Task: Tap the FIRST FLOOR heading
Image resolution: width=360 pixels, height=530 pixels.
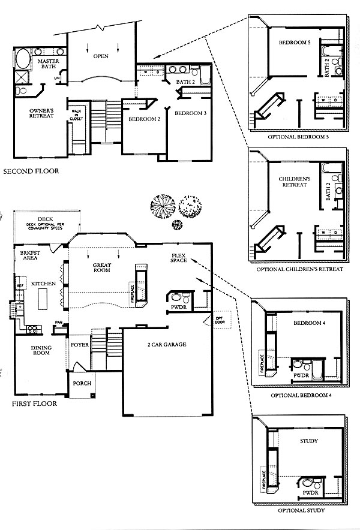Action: (x=34, y=403)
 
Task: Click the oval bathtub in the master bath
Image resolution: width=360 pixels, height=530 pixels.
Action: (x=23, y=61)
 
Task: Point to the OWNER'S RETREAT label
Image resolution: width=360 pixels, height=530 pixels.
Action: (x=42, y=113)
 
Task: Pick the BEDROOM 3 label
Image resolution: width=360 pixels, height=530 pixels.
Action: (x=191, y=113)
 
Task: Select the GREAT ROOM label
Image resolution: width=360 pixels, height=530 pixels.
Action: (x=104, y=268)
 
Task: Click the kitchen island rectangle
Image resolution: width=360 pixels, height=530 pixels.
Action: (x=43, y=298)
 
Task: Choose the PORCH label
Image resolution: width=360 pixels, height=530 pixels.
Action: (x=82, y=383)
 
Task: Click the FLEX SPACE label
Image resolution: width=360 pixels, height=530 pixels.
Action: (x=179, y=258)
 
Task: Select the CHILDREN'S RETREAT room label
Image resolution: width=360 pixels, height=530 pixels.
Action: (x=293, y=182)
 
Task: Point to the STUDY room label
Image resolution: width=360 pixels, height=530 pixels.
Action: (x=307, y=441)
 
